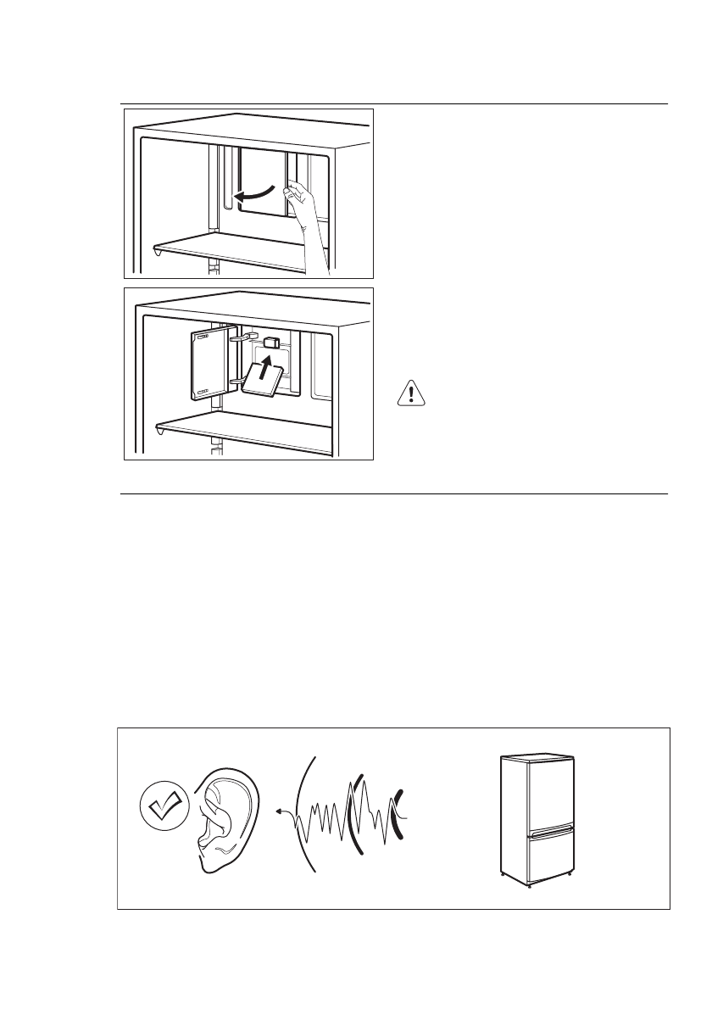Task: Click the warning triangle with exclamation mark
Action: point(410,394)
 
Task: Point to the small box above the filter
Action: point(272,343)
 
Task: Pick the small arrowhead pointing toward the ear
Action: point(280,811)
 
